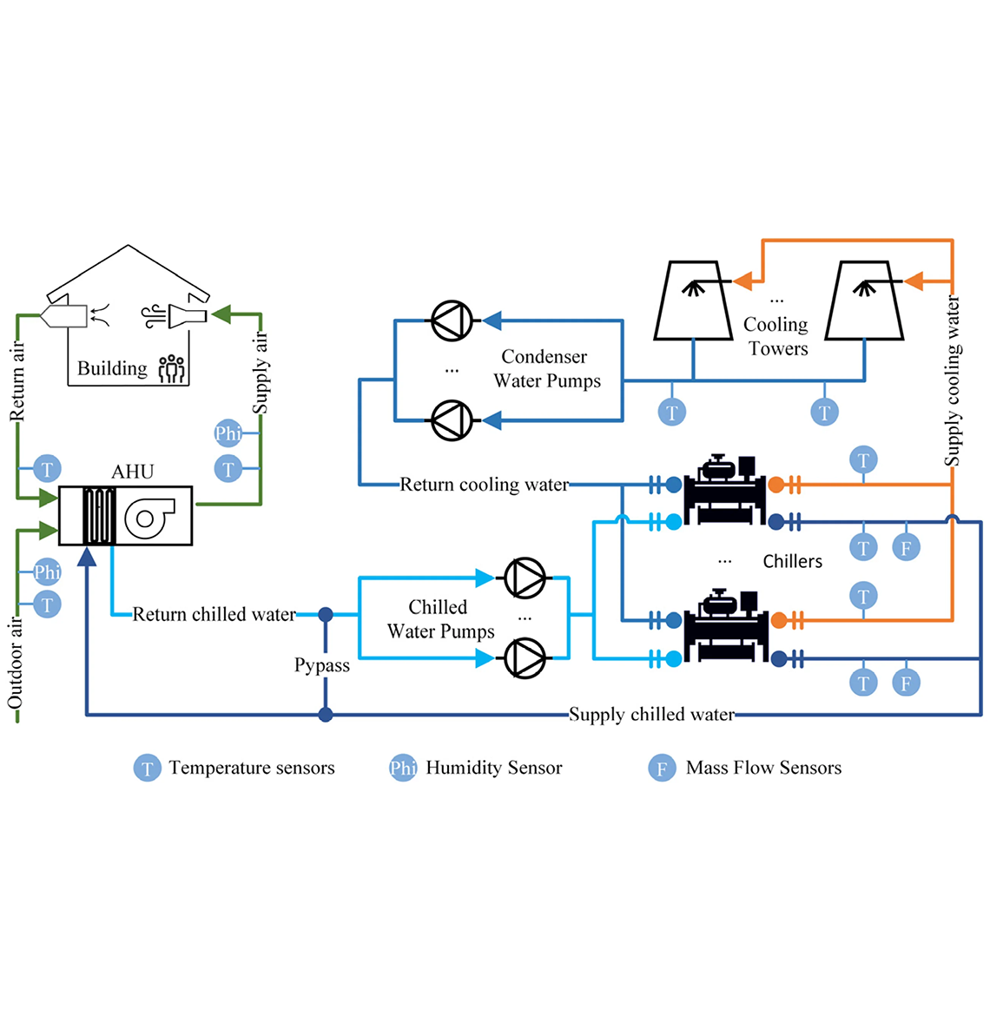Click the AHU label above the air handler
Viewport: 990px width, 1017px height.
tap(133, 472)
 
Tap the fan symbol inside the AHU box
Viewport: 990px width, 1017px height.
tap(148, 517)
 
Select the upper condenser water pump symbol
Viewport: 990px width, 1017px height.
tap(452, 321)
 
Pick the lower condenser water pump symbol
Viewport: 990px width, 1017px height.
tap(452, 421)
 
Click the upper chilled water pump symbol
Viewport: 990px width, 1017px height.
tap(525, 576)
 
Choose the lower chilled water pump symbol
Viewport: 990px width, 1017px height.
tap(525, 657)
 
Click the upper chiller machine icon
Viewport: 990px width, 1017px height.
tap(725, 491)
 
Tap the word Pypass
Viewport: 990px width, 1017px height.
tap(322, 665)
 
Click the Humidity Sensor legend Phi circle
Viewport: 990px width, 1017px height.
tap(403, 768)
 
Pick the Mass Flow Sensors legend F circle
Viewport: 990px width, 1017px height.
tap(662, 769)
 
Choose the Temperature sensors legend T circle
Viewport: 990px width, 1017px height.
tap(147, 769)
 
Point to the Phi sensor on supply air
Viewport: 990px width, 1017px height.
tap(228, 433)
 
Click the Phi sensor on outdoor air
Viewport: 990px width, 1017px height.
tap(47, 572)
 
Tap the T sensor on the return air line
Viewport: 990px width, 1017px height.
tap(47, 469)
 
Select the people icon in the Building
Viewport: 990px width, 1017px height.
tap(172, 368)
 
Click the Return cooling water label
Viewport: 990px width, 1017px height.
tap(484, 485)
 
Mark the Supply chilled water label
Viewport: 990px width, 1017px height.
tap(651, 715)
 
